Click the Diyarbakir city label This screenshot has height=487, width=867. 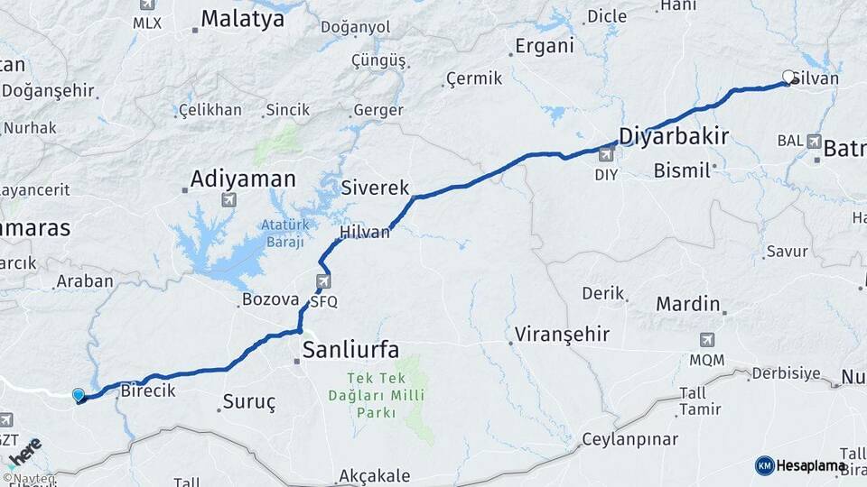pos(673,136)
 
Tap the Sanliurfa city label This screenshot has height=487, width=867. pos(350,350)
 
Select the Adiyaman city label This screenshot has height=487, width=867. pos(243,179)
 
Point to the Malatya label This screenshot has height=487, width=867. pos(242,19)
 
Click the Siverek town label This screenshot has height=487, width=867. pos(376,188)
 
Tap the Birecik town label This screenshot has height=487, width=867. pos(147,391)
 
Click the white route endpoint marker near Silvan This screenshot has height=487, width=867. pos(788,78)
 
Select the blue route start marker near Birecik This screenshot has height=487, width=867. pos(79,395)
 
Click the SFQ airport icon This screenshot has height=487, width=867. pos(322,283)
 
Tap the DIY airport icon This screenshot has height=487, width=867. pos(606,155)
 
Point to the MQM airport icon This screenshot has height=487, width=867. pos(706,341)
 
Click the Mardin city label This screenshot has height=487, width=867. pos(688,304)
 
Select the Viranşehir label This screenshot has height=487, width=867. pos(562,335)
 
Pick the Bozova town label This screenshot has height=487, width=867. pos(270,299)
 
